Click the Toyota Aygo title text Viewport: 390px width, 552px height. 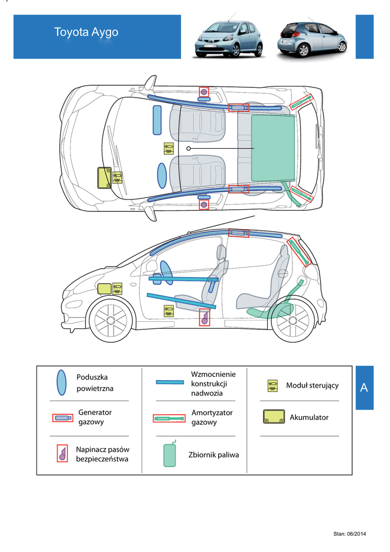pyautogui.click(x=86, y=32)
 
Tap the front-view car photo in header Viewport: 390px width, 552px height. pyautogui.click(x=229, y=38)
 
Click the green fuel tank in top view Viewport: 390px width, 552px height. pyautogui.click(x=273, y=148)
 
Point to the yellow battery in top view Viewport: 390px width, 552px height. pyautogui.click(x=104, y=178)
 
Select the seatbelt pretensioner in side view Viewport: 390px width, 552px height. pyautogui.click(x=205, y=318)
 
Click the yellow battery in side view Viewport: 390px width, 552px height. pyautogui.click(x=105, y=289)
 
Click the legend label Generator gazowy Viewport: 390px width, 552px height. pyautogui.click(x=95, y=417)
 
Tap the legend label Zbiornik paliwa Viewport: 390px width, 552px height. pyautogui.click(x=213, y=455)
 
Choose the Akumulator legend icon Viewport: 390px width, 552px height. pyautogui.click(x=274, y=417)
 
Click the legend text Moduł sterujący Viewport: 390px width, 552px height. pyautogui.click(x=312, y=385)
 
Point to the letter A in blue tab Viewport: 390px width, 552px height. pyautogui.click(x=364, y=388)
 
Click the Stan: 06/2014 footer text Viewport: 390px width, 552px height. pyautogui.click(x=350, y=534)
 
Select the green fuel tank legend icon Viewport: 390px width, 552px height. pyautogui.click(x=170, y=454)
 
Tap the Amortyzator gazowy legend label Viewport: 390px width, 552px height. pyautogui.click(x=212, y=417)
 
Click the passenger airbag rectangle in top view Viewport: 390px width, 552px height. pyautogui.click(x=157, y=120)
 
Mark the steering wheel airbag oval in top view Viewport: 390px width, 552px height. pyautogui.click(x=162, y=175)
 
